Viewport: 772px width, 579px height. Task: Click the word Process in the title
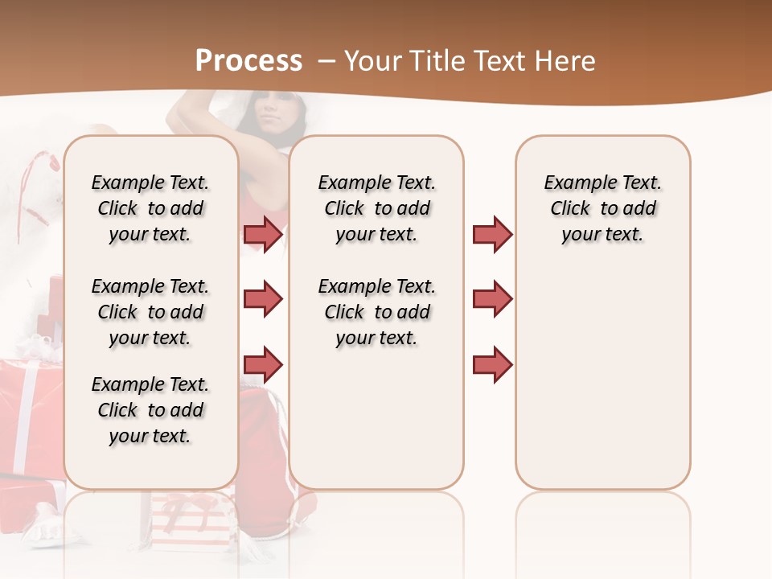click(x=249, y=61)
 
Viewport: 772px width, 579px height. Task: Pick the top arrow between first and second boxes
click(x=263, y=234)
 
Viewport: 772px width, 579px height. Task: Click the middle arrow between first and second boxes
click(x=263, y=300)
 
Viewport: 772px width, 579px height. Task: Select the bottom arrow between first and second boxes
click(x=263, y=366)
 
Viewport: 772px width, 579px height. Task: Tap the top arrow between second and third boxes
click(x=492, y=234)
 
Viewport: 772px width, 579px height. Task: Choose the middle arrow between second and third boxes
click(x=492, y=299)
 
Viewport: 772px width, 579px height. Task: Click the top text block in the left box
click(x=150, y=208)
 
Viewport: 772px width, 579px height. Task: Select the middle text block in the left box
click(x=150, y=312)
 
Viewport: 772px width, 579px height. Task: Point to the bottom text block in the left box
click(x=150, y=410)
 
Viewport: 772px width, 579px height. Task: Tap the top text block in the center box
click(x=376, y=208)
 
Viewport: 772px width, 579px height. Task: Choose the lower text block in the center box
click(x=376, y=312)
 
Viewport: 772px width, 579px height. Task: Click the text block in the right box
click(x=602, y=208)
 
